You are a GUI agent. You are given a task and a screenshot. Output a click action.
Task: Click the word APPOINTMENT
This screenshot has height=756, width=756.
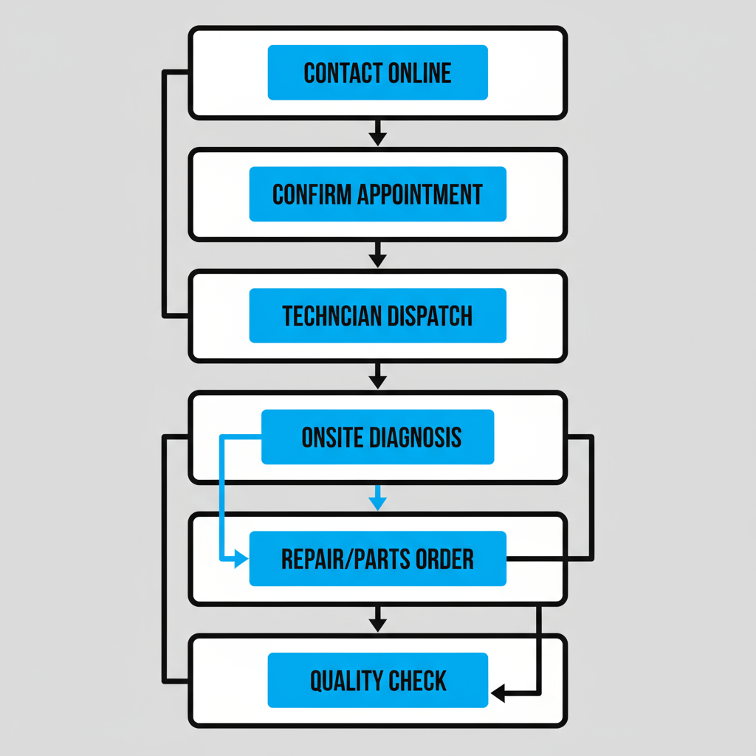point(419,194)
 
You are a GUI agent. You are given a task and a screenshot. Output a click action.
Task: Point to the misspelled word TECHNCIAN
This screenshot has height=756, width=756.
point(331,316)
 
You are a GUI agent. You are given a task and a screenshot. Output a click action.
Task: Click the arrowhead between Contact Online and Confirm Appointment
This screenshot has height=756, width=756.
point(377,137)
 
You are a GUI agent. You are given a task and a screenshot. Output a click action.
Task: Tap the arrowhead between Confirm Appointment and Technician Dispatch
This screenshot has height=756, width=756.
point(377,259)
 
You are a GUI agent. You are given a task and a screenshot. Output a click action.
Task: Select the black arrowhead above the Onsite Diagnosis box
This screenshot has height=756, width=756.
point(377,381)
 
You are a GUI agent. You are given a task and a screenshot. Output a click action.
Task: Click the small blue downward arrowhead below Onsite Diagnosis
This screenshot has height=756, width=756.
point(377,503)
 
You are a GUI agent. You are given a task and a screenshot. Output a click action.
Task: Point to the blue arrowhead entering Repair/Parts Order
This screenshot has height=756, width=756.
point(241,560)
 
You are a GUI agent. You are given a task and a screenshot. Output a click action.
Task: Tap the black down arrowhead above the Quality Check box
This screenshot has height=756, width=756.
point(377,624)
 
